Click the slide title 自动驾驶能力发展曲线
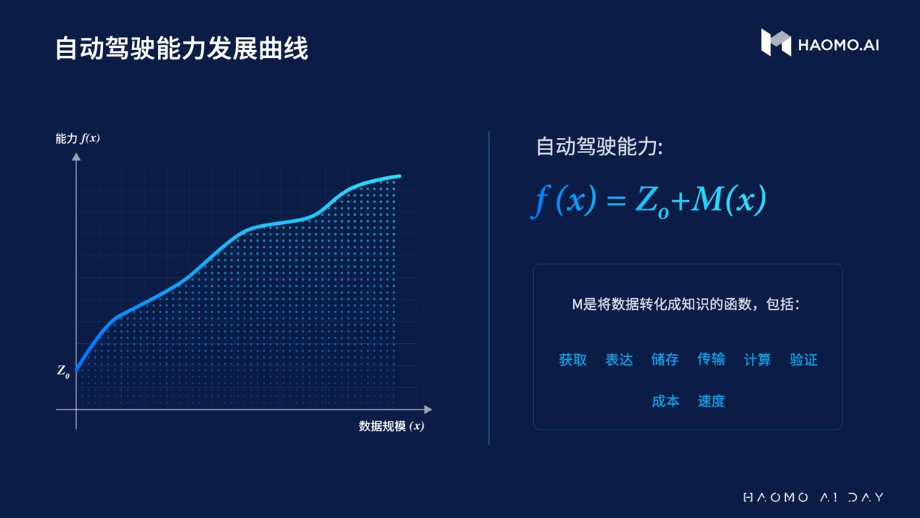[181, 48]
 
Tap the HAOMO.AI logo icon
[776, 42]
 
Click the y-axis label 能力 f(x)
[78, 139]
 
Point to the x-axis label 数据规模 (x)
[391, 426]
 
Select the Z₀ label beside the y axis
[63, 371]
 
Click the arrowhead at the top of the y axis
[76, 157]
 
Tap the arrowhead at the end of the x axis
[428, 410]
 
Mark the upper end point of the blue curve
[399, 176]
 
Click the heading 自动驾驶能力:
[599, 147]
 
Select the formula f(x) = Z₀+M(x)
[649, 200]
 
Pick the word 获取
[573, 360]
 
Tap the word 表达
[619, 360]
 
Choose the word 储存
[665, 359]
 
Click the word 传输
[711, 359]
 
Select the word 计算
[757, 360]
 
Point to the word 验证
[803, 360]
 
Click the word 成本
[665, 401]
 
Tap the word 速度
[711, 401]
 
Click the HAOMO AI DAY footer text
[813, 498]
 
